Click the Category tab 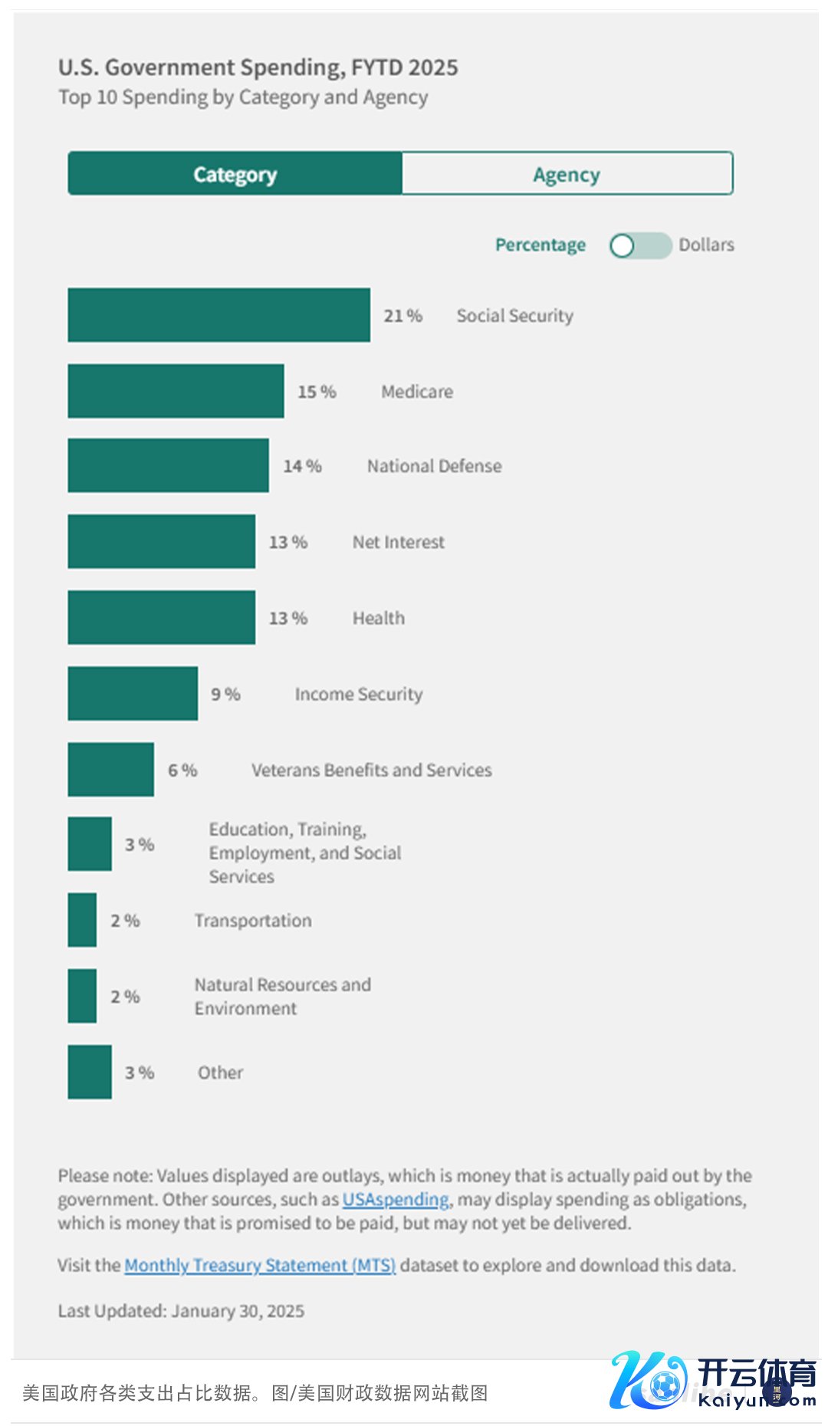click(235, 174)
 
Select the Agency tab click(567, 174)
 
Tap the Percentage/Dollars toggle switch click(640, 245)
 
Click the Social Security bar click(219, 315)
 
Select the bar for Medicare click(176, 391)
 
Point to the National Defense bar click(168, 465)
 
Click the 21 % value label click(402, 316)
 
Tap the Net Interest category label click(398, 542)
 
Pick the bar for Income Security click(133, 694)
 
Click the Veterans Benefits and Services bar click(110, 770)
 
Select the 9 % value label click(225, 694)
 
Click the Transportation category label click(253, 920)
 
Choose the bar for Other click(89, 1072)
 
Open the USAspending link click(396, 1199)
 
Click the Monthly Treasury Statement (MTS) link click(260, 1265)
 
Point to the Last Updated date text click(181, 1311)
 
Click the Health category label click(378, 618)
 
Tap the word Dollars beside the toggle click(706, 245)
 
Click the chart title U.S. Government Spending click(258, 67)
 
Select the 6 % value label click(182, 770)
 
